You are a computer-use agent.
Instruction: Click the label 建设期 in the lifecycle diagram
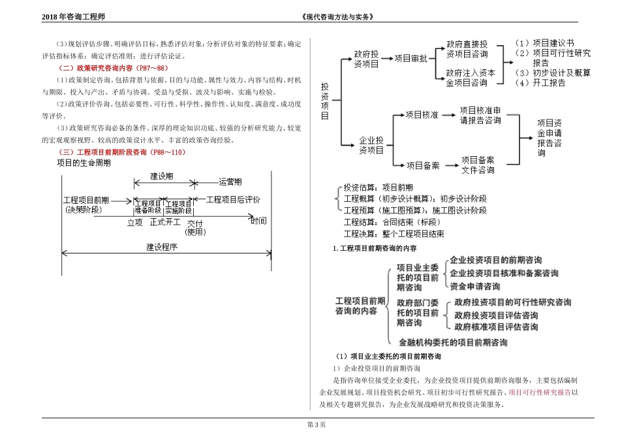click(162, 177)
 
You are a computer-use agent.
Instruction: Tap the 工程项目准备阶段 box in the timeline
click(148, 207)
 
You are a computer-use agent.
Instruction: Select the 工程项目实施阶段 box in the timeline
click(178, 207)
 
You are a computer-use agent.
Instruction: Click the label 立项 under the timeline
click(134, 222)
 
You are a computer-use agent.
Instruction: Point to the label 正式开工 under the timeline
click(165, 222)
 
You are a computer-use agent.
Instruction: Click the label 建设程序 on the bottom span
click(163, 248)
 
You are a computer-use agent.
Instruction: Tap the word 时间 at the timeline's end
click(259, 221)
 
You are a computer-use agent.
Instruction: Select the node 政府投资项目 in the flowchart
click(366, 58)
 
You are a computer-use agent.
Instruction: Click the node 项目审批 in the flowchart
click(411, 58)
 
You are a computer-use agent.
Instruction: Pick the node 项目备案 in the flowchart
click(423, 165)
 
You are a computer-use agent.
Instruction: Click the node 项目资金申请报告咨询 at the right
click(550, 138)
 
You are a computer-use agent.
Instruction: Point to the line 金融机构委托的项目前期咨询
click(453, 342)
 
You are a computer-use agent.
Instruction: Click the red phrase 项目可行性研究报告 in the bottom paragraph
click(540, 393)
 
